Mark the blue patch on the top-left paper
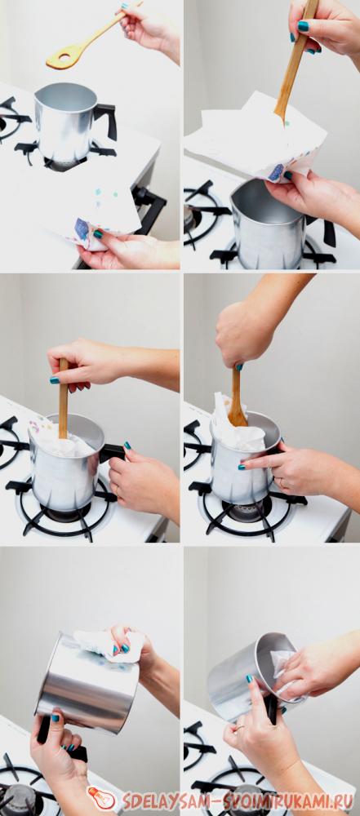[82, 228]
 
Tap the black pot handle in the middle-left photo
[113, 452]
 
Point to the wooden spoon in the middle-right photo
[237, 398]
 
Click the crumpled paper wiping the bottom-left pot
[107, 645]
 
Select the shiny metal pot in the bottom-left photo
[87, 681]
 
